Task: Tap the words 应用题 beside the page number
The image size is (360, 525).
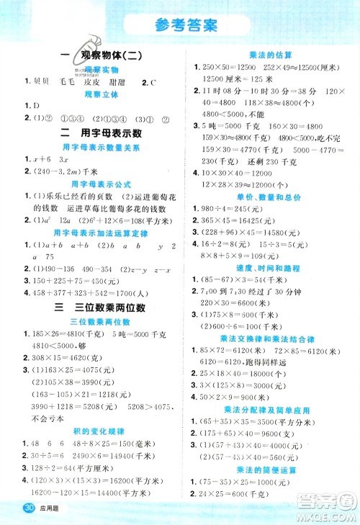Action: pyautogui.click(x=53, y=512)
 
